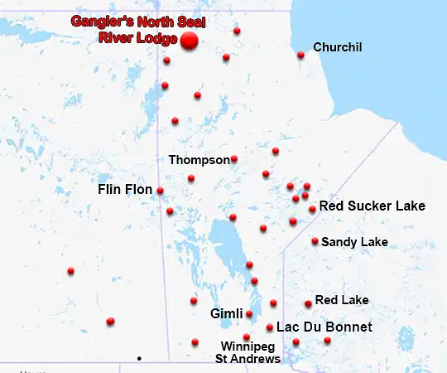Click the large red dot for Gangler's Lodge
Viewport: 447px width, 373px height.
pos(190,41)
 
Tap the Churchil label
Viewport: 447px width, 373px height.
pos(338,47)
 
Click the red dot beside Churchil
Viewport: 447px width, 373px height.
pos(300,55)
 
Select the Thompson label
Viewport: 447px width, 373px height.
pos(199,159)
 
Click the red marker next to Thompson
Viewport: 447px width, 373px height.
pos(234,158)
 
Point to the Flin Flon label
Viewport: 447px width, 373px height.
pos(125,190)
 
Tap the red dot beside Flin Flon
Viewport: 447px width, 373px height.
pos(160,191)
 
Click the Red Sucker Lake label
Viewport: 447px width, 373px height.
pos(372,206)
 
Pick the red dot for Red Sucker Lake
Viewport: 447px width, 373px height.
pos(312,209)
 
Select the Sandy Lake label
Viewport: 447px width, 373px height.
pos(354,242)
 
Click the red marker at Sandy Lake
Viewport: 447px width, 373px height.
pos(315,241)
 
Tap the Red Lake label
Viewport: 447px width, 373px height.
pos(342,300)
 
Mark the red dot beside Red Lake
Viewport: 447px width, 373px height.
pos(308,303)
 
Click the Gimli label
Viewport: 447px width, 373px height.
pos(226,314)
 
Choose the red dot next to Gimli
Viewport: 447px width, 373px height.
pos(249,314)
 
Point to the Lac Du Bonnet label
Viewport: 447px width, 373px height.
pos(324,327)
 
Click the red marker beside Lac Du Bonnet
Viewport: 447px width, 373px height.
pos(270,327)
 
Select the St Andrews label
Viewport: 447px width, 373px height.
pos(248,359)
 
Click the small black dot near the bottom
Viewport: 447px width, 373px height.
pos(139,358)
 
